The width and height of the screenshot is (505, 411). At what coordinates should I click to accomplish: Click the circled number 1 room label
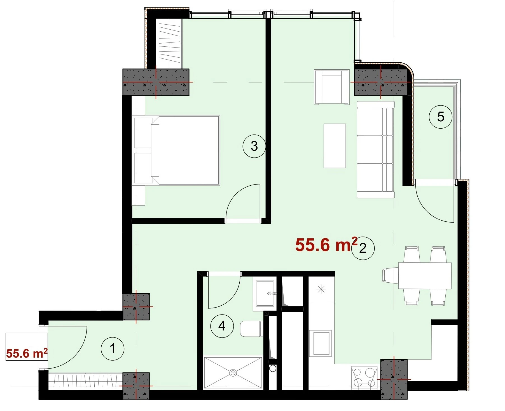click(x=113, y=348)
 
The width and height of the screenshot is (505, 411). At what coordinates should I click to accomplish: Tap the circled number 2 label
click(x=363, y=248)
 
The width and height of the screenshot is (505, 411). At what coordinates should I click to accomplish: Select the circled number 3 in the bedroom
click(x=254, y=146)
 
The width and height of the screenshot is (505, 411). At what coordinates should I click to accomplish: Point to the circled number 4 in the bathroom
click(x=222, y=326)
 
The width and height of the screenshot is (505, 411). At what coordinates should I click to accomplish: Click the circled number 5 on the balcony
click(x=441, y=117)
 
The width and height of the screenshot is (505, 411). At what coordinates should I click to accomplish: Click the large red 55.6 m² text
click(x=326, y=245)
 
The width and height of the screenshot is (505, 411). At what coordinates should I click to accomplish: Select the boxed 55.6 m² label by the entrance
click(x=27, y=353)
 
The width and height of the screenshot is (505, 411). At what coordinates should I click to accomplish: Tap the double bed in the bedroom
click(x=176, y=150)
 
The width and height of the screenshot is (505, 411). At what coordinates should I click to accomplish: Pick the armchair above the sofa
click(x=332, y=87)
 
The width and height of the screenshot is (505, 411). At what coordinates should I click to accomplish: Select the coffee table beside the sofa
click(x=335, y=146)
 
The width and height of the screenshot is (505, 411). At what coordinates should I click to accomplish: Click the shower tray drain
click(x=233, y=372)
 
